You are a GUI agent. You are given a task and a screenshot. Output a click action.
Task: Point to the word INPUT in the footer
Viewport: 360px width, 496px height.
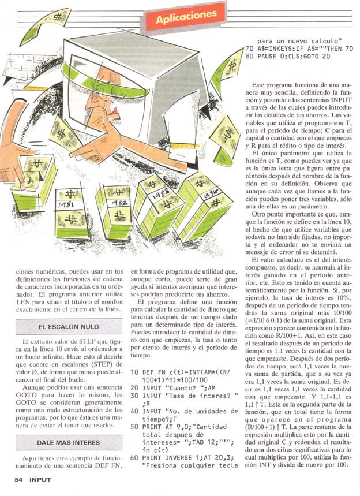(x=41, y=479)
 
